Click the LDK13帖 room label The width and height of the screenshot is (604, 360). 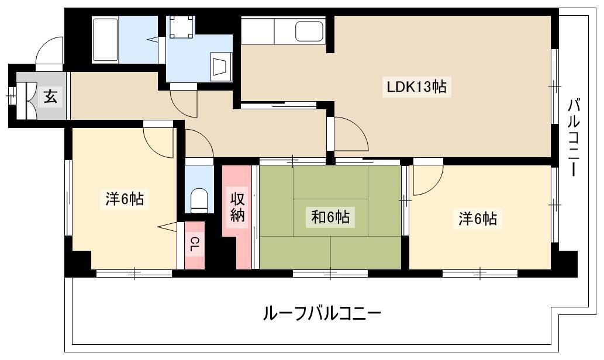tap(416, 86)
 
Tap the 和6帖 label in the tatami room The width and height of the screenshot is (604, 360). tap(330, 217)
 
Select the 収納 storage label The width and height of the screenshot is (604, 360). tap(237, 207)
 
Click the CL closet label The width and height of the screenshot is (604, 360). tap(195, 245)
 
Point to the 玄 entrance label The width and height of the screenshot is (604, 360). tap(50, 96)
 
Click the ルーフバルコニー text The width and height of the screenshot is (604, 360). tap(322, 313)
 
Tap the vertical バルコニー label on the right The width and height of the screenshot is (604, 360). tap(574, 137)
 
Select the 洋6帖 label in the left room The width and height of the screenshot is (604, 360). tap(125, 199)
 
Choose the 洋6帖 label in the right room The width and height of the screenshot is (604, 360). tap(477, 219)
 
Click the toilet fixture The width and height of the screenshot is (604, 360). tap(199, 200)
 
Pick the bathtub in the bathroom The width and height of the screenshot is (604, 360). tap(106, 39)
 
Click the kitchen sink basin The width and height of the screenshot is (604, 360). tap(309, 31)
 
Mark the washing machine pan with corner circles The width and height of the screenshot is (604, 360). tap(181, 26)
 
